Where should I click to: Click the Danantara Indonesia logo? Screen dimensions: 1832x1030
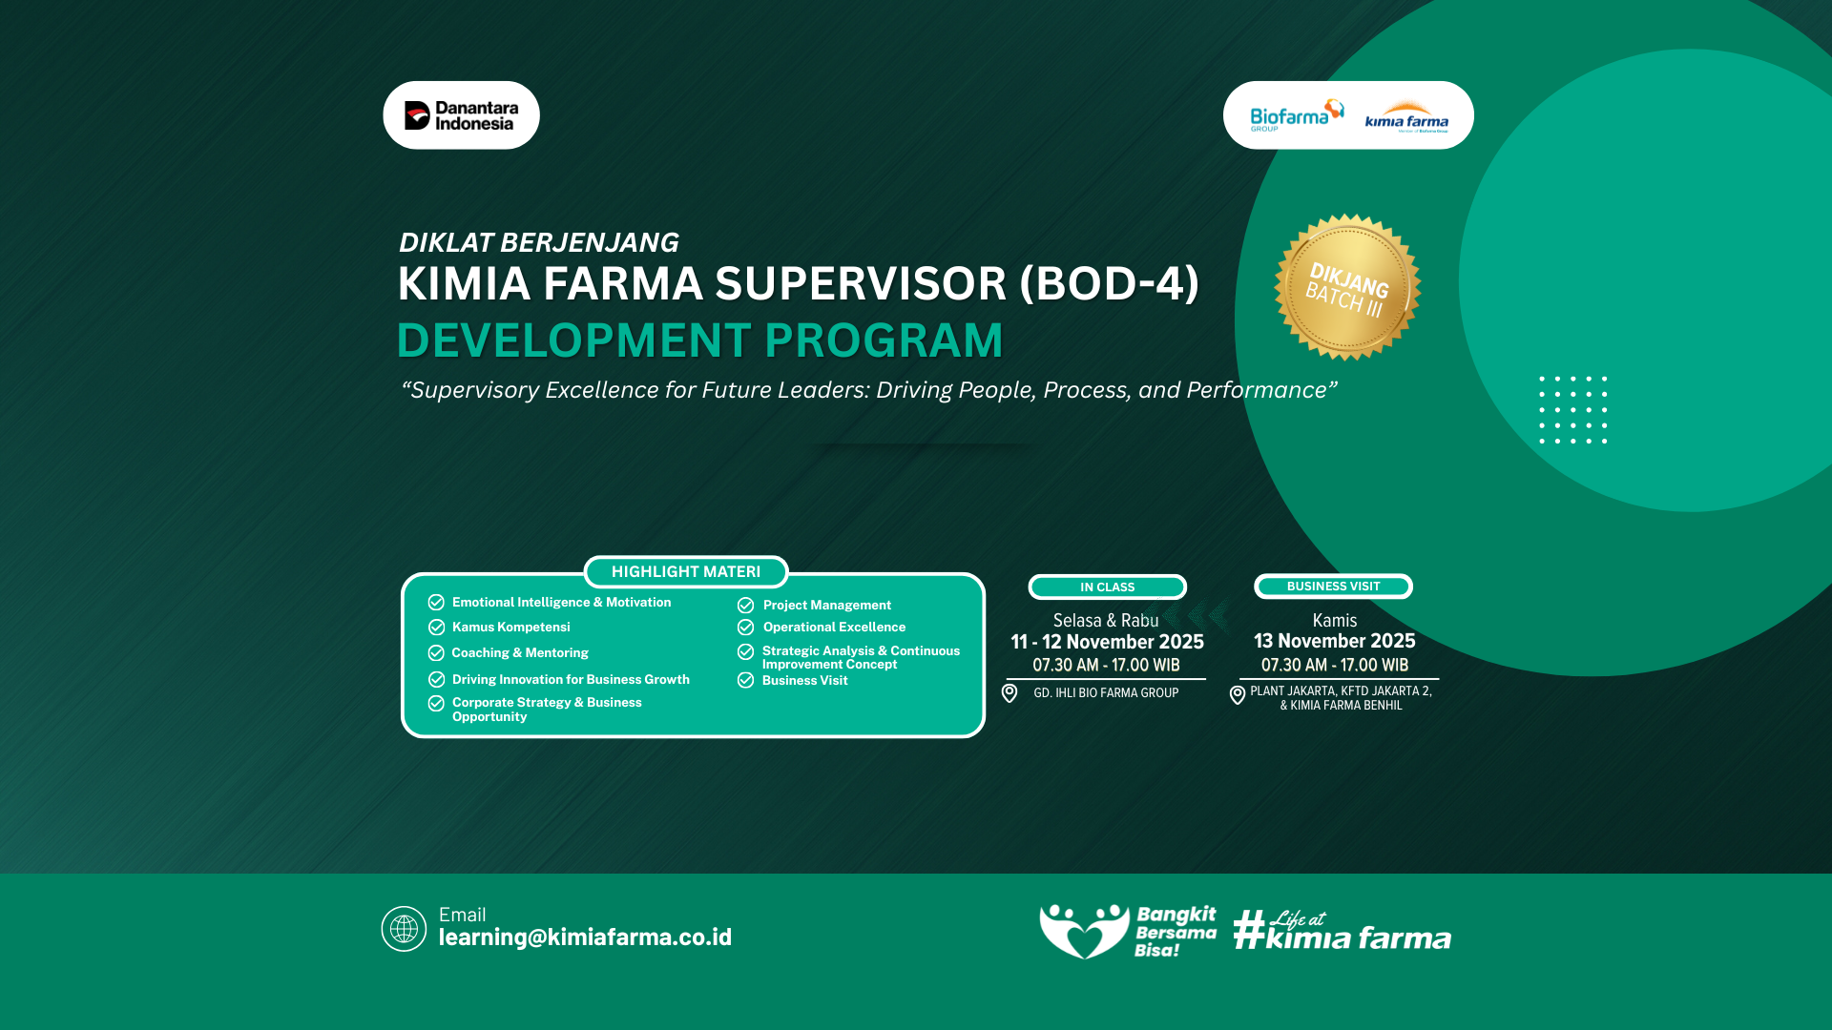(x=461, y=115)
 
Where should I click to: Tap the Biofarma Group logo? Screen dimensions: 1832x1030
(x=1297, y=115)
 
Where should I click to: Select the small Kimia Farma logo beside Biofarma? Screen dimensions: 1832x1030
(x=1406, y=117)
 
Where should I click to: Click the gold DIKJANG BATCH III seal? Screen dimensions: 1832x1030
(x=1347, y=287)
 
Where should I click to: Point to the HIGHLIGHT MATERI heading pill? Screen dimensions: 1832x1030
(x=686, y=571)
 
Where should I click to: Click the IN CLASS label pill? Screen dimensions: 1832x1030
(x=1107, y=587)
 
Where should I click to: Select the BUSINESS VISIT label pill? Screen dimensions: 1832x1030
(x=1333, y=586)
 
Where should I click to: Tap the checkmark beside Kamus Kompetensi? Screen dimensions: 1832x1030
(x=436, y=627)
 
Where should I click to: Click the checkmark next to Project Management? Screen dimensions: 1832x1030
(x=745, y=605)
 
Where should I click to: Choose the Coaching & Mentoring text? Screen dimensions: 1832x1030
(x=520, y=652)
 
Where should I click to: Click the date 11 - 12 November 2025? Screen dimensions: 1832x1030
(x=1107, y=642)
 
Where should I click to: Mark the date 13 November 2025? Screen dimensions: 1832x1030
(x=1334, y=641)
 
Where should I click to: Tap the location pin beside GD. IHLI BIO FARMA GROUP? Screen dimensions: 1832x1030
(x=1010, y=693)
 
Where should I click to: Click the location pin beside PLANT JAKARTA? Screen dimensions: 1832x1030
(x=1238, y=695)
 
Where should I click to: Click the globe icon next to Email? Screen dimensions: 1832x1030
(x=404, y=928)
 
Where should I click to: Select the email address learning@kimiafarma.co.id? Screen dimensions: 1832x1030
(x=585, y=937)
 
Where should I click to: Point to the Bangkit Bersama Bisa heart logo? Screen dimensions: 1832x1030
(x=1084, y=931)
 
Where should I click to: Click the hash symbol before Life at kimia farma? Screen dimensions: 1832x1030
(x=1249, y=930)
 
